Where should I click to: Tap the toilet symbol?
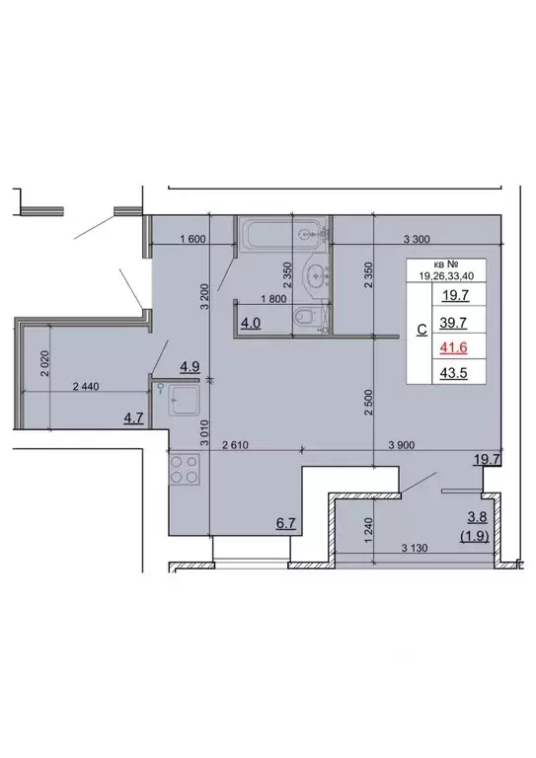[307, 317]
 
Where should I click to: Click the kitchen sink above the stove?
[183, 402]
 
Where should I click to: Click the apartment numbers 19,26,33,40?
[452, 275]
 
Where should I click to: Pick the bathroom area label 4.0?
[251, 323]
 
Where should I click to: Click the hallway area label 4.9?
[190, 367]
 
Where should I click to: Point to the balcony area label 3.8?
[476, 519]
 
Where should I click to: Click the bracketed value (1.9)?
[475, 537]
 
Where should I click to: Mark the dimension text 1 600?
[191, 240]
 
